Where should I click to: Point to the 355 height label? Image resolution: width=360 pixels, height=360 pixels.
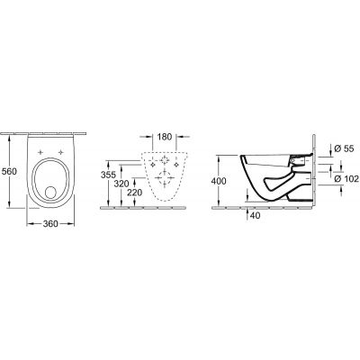108,175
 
